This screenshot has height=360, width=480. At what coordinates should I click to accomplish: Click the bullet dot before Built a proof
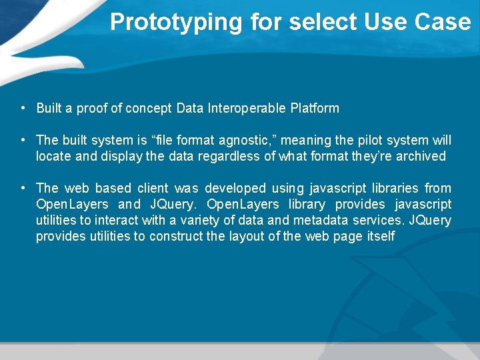23,108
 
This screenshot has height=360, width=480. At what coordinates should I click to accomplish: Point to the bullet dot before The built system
23,140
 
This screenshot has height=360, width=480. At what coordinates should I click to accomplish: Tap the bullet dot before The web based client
23,188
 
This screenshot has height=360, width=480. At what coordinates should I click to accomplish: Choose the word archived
421,156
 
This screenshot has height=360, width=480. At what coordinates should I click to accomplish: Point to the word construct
175,236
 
